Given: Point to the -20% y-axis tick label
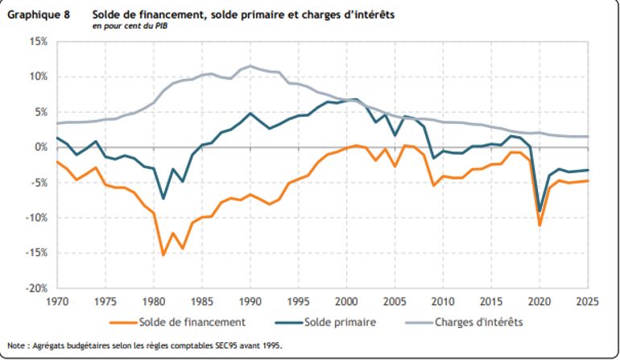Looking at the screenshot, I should tap(35, 288).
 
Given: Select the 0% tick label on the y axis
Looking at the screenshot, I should tap(39, 147).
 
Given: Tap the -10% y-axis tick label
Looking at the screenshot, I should tap(35, 217).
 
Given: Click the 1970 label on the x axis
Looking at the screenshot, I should tap(57, 302).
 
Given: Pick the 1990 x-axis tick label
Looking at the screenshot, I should tap(250, 302).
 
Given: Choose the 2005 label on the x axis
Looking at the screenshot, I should tap(395, 302).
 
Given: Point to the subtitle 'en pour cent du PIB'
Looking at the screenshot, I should tap(129, 27).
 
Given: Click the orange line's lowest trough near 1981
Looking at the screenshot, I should tap(163, 254).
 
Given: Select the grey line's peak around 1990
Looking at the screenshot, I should tap(250, 66).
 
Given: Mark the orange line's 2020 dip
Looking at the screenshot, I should tap(540, 225).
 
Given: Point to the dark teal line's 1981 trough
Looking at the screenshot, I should tap(163, 198).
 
